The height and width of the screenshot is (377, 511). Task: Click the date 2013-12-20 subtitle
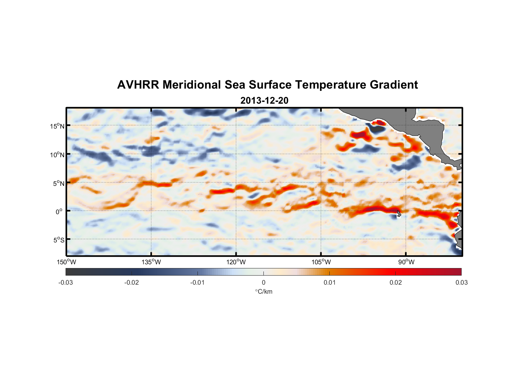click(264, 101)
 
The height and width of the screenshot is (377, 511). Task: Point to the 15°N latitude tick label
click(57, 126)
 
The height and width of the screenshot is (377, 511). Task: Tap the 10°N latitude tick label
click(57, 155)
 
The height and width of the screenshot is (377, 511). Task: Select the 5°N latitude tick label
click(58, 184)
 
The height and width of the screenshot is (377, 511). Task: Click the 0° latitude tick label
click(59, 212)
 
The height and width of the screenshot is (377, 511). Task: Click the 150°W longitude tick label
click(67, 262)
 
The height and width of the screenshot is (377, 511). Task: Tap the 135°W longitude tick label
click(151, 262)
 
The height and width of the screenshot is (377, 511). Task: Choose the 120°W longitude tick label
click(236, 262)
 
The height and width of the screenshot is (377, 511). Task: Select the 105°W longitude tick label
click(321, 262)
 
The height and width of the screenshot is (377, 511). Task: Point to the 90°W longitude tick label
click(406, 262)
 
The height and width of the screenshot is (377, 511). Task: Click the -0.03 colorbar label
click(66, 282)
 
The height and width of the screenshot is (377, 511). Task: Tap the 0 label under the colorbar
click(263, 282)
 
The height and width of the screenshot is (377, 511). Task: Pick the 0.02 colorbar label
click(395, 282)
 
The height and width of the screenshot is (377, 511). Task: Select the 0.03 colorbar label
click(461, 282)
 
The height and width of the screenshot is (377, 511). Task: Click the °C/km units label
click(263, 291)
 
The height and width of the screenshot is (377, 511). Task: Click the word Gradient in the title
click(394, 85)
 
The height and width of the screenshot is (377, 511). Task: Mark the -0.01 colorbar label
click(197, 282)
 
